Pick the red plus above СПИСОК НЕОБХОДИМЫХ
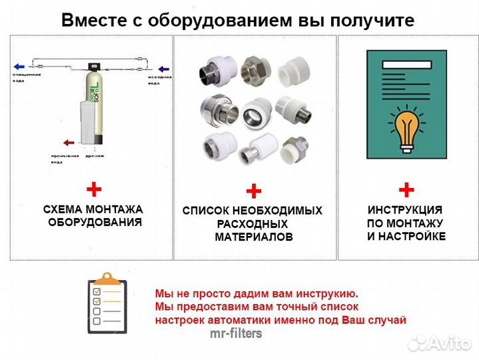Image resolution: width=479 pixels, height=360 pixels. pyautogui.click(x=253, y=192)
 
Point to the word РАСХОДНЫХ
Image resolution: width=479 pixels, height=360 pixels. pyautogui.click(x=252, y=224)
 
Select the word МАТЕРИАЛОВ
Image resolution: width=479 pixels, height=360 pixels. pyautogui.click(x=253, y=237)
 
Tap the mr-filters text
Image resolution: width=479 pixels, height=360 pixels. pyautogui.click(x=236, y=333)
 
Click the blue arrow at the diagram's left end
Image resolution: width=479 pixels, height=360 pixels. pyautogui.click(x=19, y=67)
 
